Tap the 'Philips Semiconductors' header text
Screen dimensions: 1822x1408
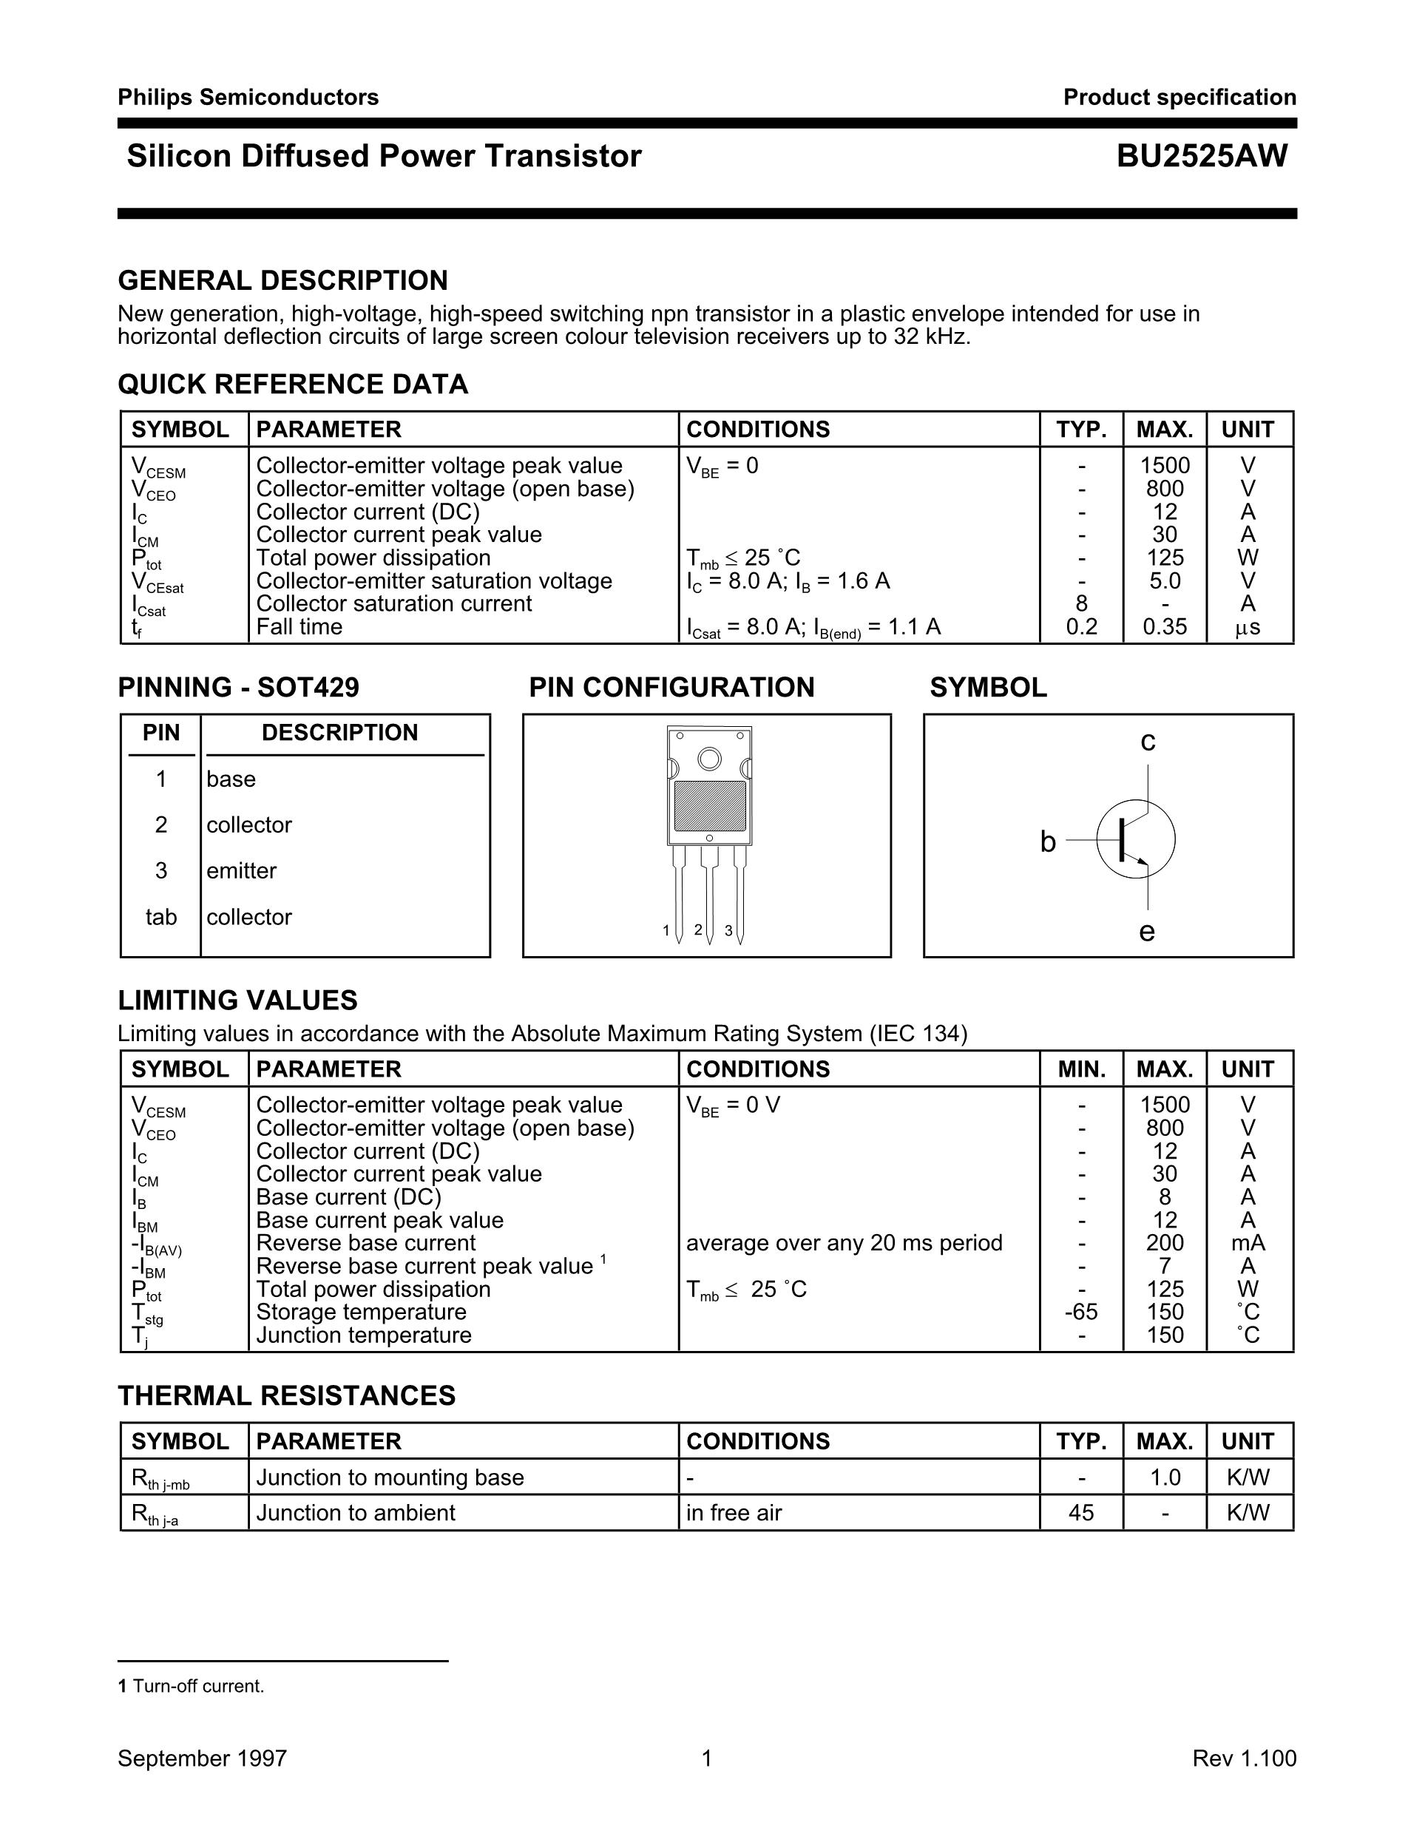[248, 98]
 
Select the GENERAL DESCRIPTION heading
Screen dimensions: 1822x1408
[282, 280]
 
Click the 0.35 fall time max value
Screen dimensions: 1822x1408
[1165, 626]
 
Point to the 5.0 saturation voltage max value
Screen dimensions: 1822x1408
[1165, 580]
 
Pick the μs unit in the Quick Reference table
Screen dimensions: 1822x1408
[1248, 627]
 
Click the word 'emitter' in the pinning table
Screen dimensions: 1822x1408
[241, 871]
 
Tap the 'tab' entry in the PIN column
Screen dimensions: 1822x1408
[161, 917]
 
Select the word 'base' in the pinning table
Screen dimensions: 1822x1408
[231, 779]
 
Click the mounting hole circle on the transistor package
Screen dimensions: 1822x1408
[709, 759]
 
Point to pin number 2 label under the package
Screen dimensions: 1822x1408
[698, 929]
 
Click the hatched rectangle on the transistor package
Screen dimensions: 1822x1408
[710, 806]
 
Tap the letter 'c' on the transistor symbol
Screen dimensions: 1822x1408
[1148, 741]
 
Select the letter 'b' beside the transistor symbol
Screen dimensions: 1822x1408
[1048, 842]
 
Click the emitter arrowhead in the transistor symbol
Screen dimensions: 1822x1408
[1142, 863]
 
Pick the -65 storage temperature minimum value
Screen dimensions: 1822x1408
[1081, 1313]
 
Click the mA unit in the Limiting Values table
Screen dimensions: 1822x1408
[1248, 1243]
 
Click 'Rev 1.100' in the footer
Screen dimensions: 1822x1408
[1244, 1758]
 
